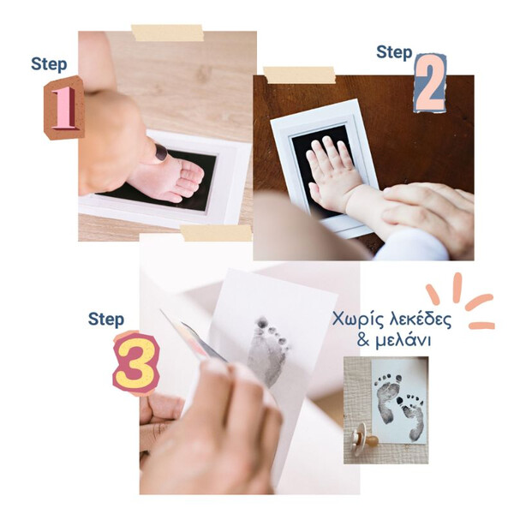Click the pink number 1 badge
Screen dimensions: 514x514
click(x=64, y=108)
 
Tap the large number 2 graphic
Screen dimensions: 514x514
click(x=430, y=83)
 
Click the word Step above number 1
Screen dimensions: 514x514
click(x=49, y=64)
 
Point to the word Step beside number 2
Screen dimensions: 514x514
click(x=394, y=52)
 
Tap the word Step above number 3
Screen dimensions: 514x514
click(x=106, y=320)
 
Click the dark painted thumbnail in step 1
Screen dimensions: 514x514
click(x=161, y=152)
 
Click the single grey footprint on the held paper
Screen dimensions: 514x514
click(x=267, y=350)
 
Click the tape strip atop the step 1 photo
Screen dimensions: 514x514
click(x=168, y=33)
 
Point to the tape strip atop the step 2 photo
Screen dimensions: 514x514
click(x=300, y=75)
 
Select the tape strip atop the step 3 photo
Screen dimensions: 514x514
click(x=216, y=233)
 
